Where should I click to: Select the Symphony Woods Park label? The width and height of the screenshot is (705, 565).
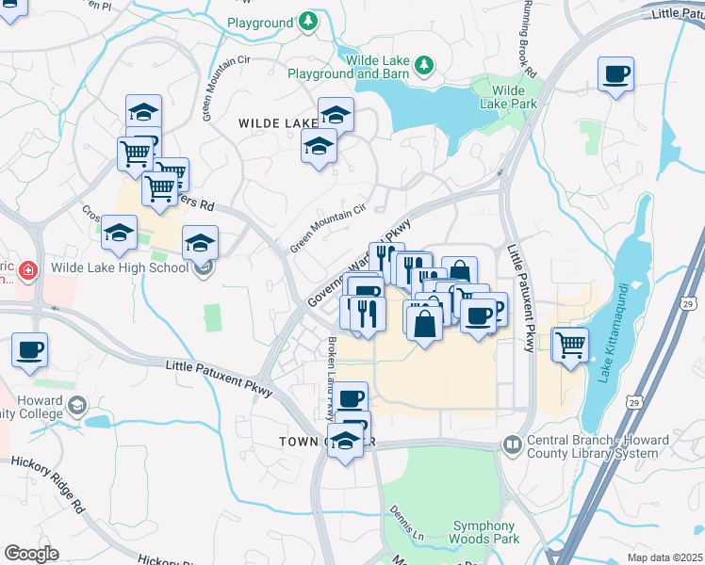(x=484, y=533)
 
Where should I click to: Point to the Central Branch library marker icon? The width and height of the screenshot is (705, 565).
(x=513, y=444)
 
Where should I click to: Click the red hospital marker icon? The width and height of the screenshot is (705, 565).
(x=28, y=271)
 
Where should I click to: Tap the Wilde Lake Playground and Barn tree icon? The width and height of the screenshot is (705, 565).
(x=425, y=64)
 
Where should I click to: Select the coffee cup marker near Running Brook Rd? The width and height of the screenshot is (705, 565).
(x=615, y=73)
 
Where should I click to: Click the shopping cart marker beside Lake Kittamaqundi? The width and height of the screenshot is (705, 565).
(x=570, y=344)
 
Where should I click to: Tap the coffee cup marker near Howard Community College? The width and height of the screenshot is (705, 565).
(x=29, y=349)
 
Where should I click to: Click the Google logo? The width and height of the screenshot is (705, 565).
(x=31, y=553)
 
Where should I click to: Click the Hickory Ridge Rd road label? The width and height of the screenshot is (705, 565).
(x=48, y=485)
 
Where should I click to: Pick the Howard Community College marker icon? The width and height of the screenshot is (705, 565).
(x=77, y=406)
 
